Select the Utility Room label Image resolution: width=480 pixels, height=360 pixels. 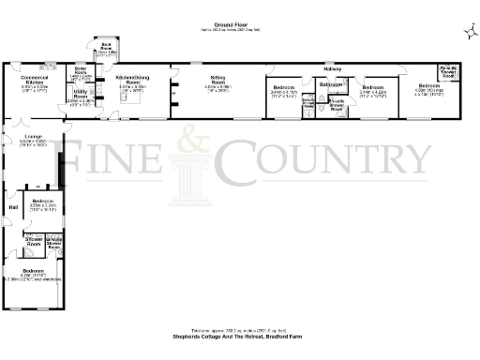click(82, 95)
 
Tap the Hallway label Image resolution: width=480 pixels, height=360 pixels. click(332, 69)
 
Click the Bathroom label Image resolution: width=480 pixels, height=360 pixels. click(330, 85)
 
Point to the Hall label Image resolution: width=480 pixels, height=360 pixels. click(13, 207)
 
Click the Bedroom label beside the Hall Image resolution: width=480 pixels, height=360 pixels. click(42, 201)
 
